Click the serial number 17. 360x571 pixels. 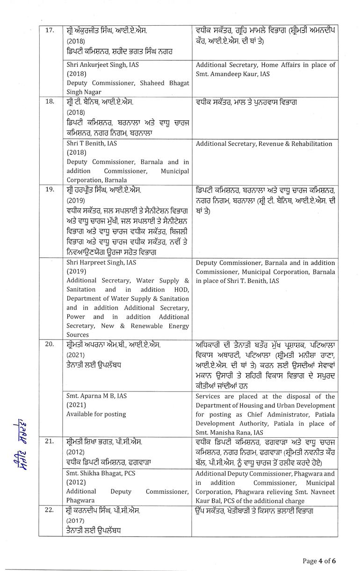pos(49,29)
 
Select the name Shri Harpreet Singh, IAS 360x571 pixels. pos(101,263)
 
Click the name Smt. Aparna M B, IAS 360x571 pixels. pos(96,396)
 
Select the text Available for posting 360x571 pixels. pos(96,414)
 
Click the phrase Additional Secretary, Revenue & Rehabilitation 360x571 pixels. pos(264,144)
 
